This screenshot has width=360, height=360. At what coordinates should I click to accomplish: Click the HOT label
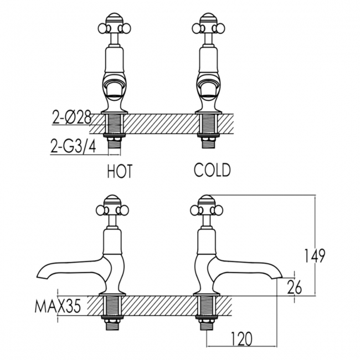(x=120, y=171)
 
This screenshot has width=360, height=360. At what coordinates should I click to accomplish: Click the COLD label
(x=212, y=170)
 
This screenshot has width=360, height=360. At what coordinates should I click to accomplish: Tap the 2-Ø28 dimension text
(x=72, y=119)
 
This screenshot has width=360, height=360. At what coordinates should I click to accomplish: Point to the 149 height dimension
(x=315, y=255)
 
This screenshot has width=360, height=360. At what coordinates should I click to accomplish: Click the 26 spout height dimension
(x=294, y=287)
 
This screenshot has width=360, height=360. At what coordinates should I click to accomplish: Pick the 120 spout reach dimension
(x=241, y=338)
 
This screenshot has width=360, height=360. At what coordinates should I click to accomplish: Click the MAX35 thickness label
(x=58, y=306)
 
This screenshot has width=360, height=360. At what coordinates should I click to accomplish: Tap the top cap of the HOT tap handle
(x=114, y=18)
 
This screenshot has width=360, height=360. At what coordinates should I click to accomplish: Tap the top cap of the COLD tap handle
(x=208, y=18)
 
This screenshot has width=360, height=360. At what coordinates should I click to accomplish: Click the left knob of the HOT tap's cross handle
(x=102, y=28)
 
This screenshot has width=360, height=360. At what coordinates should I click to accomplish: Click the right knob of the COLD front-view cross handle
(x=220, y=28)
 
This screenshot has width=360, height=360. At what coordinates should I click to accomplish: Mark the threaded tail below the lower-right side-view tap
(x=206, y=323)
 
